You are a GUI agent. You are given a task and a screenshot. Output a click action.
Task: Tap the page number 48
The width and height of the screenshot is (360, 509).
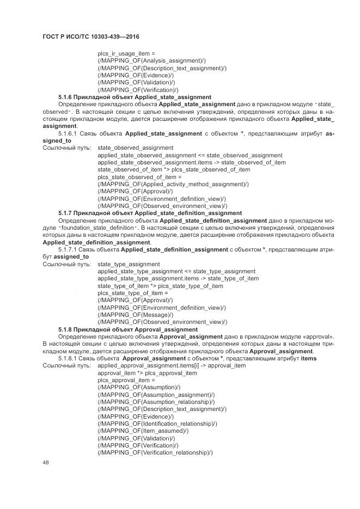[x=46, y=463]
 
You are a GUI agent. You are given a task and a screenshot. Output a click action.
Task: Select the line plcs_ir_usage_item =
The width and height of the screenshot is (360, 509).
[x=126, y=53]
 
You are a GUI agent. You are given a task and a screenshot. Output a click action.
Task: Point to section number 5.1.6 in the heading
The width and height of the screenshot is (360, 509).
[x=65, y=96]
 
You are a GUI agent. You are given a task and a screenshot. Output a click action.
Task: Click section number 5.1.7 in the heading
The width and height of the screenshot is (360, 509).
[x=65, y=213]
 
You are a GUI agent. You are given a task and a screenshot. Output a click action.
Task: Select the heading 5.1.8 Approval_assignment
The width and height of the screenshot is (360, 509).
[x=128, y=329]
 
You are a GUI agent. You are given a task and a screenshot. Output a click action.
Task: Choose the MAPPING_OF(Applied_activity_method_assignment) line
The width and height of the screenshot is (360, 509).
[x=173, y=184]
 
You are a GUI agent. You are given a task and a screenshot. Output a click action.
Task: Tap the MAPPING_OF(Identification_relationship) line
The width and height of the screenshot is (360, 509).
[x=157, y=424]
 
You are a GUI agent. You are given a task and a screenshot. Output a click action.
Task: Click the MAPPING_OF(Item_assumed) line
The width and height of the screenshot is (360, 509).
[x=143, y=431]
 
